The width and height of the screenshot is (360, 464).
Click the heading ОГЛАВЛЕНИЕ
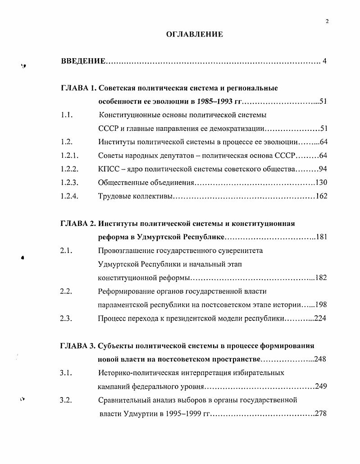(x=195, y=34)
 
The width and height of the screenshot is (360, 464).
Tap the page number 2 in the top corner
(x=327, y=20)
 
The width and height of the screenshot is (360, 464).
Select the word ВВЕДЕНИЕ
(x=83, y=61)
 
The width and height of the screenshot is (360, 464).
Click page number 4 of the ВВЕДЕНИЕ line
(x=324, y=61)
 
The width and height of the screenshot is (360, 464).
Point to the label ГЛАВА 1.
(x=78, y=88)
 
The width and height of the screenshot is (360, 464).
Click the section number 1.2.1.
(x=69, y=156)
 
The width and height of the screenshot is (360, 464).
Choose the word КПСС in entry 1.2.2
(x=108, y=169)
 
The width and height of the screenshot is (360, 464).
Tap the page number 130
(x=321, y=183)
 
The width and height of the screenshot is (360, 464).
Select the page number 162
(x=321, y=196)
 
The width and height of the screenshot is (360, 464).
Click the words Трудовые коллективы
(x=135, y=196)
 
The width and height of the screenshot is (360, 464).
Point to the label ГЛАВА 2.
(x=78, y=224)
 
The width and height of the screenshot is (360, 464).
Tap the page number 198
(x=321, y=305)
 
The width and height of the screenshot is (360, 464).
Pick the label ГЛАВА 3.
(x=78, y=346)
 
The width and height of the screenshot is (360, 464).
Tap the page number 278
(x=321, y=413)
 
